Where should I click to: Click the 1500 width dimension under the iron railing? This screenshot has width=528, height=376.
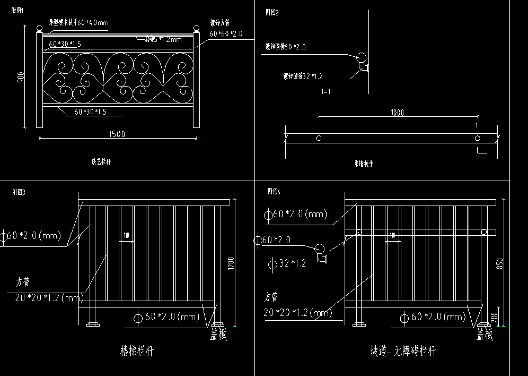click(117, 134)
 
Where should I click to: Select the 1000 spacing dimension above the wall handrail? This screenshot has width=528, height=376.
click(397, 113)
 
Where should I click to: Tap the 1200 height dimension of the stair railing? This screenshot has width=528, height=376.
click(230, 263)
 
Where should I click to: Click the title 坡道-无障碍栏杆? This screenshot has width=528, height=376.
click(403, 351)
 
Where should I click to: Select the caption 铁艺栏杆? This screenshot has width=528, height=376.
click(101, 160)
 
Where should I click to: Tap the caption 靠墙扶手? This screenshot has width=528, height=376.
click(364, 164)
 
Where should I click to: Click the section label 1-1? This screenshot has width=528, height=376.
click(326, 92)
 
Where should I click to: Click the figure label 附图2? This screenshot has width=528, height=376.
click(272, 12)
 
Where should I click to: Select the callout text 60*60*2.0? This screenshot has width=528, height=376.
click(226, 34)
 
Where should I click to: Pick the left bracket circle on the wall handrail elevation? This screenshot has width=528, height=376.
click(319, 138)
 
